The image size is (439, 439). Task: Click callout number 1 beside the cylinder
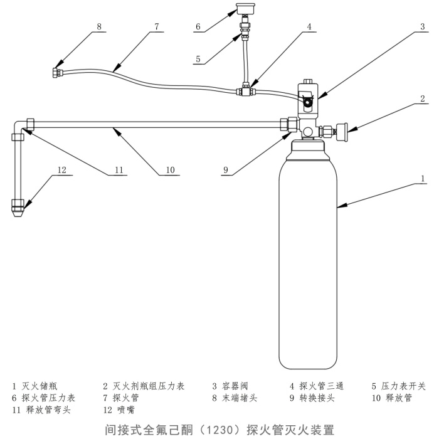point(423,178)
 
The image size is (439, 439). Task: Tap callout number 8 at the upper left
point(99,26)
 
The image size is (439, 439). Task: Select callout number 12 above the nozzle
point(61,169)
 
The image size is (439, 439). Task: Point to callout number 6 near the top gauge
point(198,26)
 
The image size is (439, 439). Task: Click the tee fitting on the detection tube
point(245,92)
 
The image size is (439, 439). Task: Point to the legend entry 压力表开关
point(403,386)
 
